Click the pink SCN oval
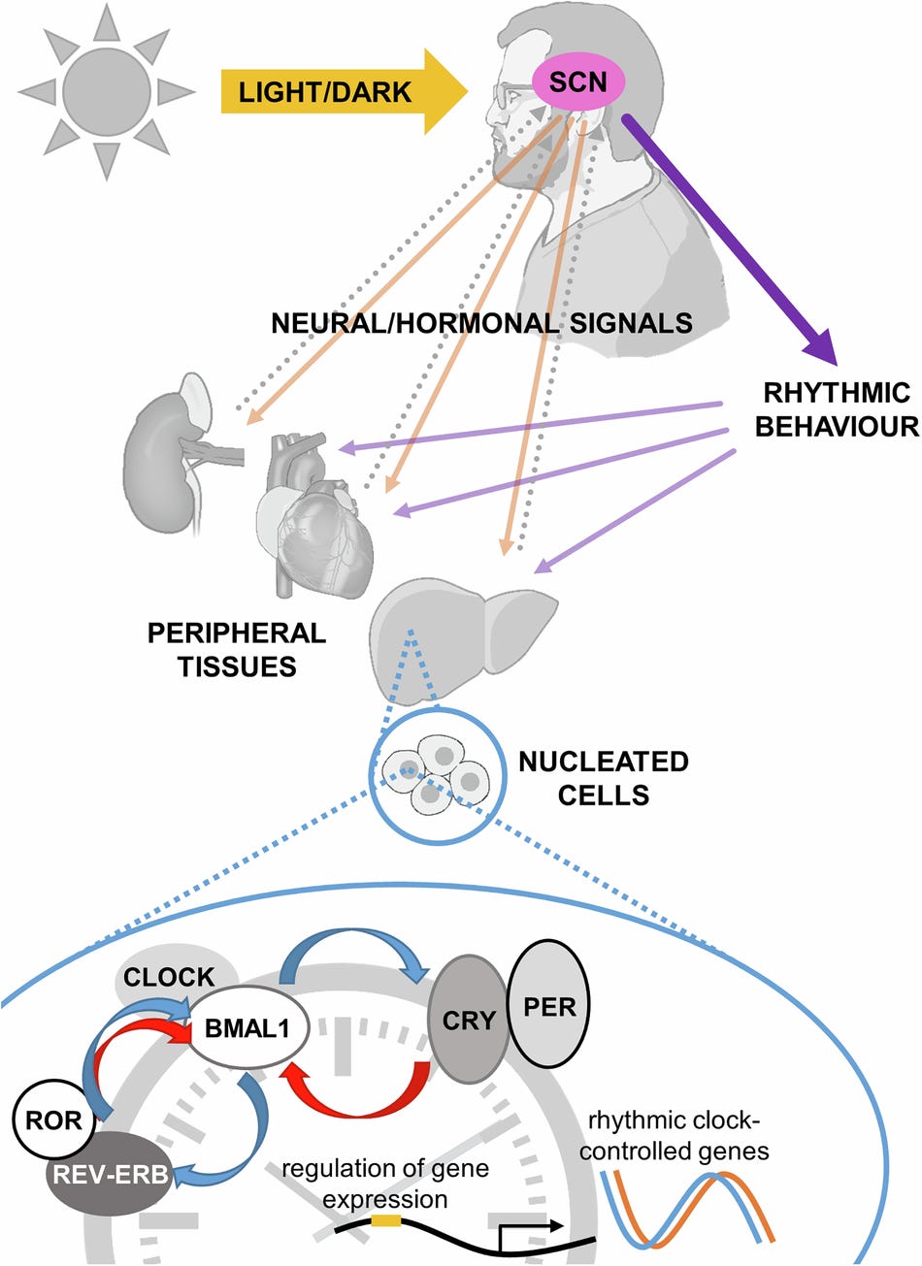(578, 82)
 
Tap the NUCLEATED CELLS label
(603, 777)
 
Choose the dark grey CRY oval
(468, 1020)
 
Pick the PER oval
(548, 1005)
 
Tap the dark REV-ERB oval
(109, 1174)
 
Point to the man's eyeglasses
(507, 95)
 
